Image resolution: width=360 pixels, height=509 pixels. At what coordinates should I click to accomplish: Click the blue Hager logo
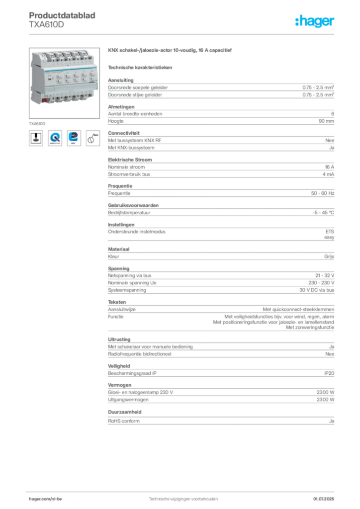tap(316, 21)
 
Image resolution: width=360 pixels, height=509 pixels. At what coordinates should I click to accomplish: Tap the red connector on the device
tap(45, 101)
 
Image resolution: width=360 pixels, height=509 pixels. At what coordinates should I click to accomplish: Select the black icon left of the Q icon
tap(36, 138)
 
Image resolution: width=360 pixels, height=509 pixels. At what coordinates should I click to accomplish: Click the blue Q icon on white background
tap(55, 138)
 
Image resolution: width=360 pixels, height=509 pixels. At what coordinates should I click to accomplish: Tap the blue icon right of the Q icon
tap(74, 138)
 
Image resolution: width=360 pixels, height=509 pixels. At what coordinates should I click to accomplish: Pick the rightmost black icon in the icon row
tap(92, 138)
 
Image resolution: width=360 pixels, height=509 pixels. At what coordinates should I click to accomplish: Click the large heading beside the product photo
tap(171, 52)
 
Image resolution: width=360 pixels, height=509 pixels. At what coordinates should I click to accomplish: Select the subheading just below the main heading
tap(141, 67)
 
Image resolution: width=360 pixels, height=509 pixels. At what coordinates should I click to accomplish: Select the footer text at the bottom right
tap(325, 496)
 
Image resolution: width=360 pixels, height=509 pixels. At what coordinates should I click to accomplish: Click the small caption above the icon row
tap(37, 122)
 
